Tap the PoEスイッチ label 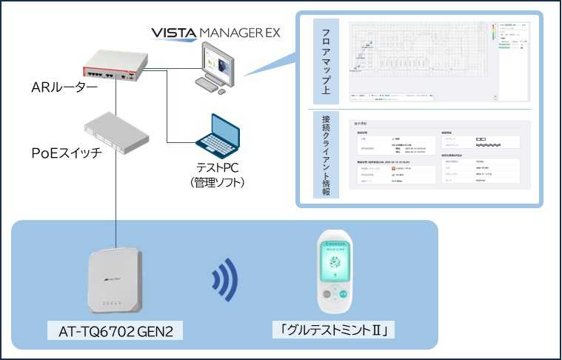coord(67,153)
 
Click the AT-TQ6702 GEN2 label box coord(115,330)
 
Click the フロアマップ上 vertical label coord(327,62)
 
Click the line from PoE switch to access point coord(116,193)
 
